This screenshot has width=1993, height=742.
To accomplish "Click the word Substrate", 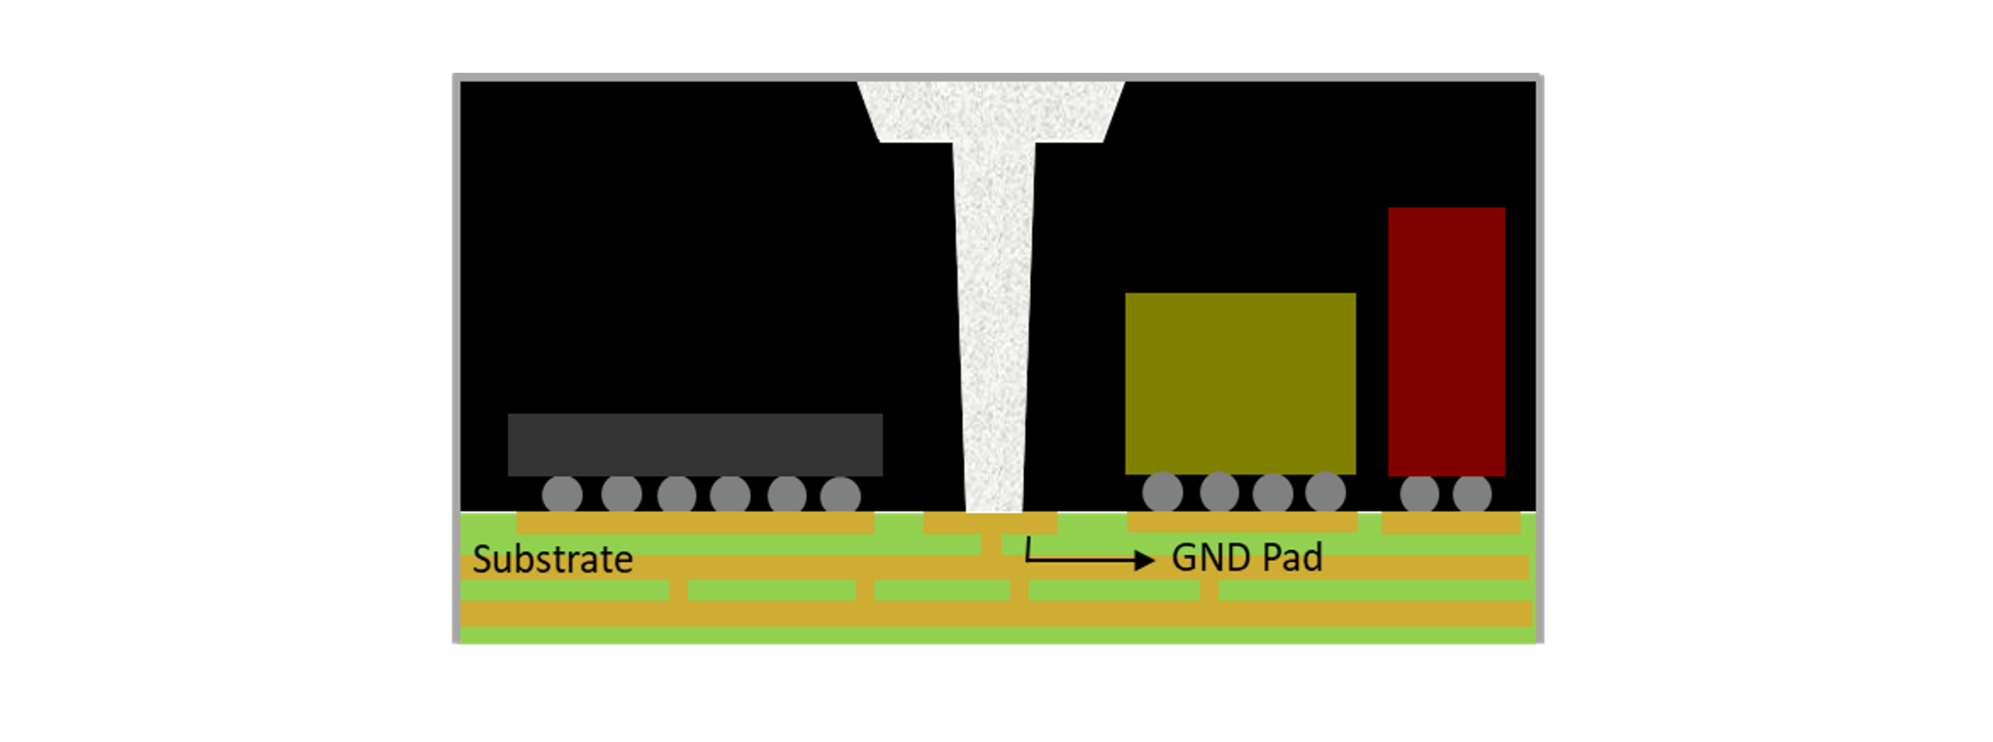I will [552, 560].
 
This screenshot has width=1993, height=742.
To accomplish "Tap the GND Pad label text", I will [1247, 558].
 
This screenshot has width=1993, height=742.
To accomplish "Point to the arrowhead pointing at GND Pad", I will [1145, 560].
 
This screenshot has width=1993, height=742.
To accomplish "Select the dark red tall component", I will [1446, 341].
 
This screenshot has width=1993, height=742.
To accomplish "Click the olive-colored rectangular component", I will [1240, 383].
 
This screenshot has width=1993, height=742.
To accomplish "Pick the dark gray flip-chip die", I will [695, 444].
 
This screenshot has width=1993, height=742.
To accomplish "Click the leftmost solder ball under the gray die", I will [562, 495].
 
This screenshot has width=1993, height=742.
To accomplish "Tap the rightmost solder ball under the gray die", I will [840, 495].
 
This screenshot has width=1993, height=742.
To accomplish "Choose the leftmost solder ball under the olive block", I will [1162, 492].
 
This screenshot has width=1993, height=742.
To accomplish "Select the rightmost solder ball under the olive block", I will [1324, 492].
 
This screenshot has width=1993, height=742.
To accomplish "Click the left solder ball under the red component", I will [1419, 494].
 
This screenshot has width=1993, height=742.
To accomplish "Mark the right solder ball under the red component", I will [1471, 494].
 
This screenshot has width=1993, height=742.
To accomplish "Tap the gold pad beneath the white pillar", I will [990, 523].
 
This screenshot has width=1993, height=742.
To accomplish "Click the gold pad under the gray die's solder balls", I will [695, 523].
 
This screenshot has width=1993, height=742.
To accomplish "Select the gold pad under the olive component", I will [1242, 523].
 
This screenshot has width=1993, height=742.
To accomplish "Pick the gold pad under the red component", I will [1450, 523].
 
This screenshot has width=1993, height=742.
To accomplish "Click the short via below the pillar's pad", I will [991, 544].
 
